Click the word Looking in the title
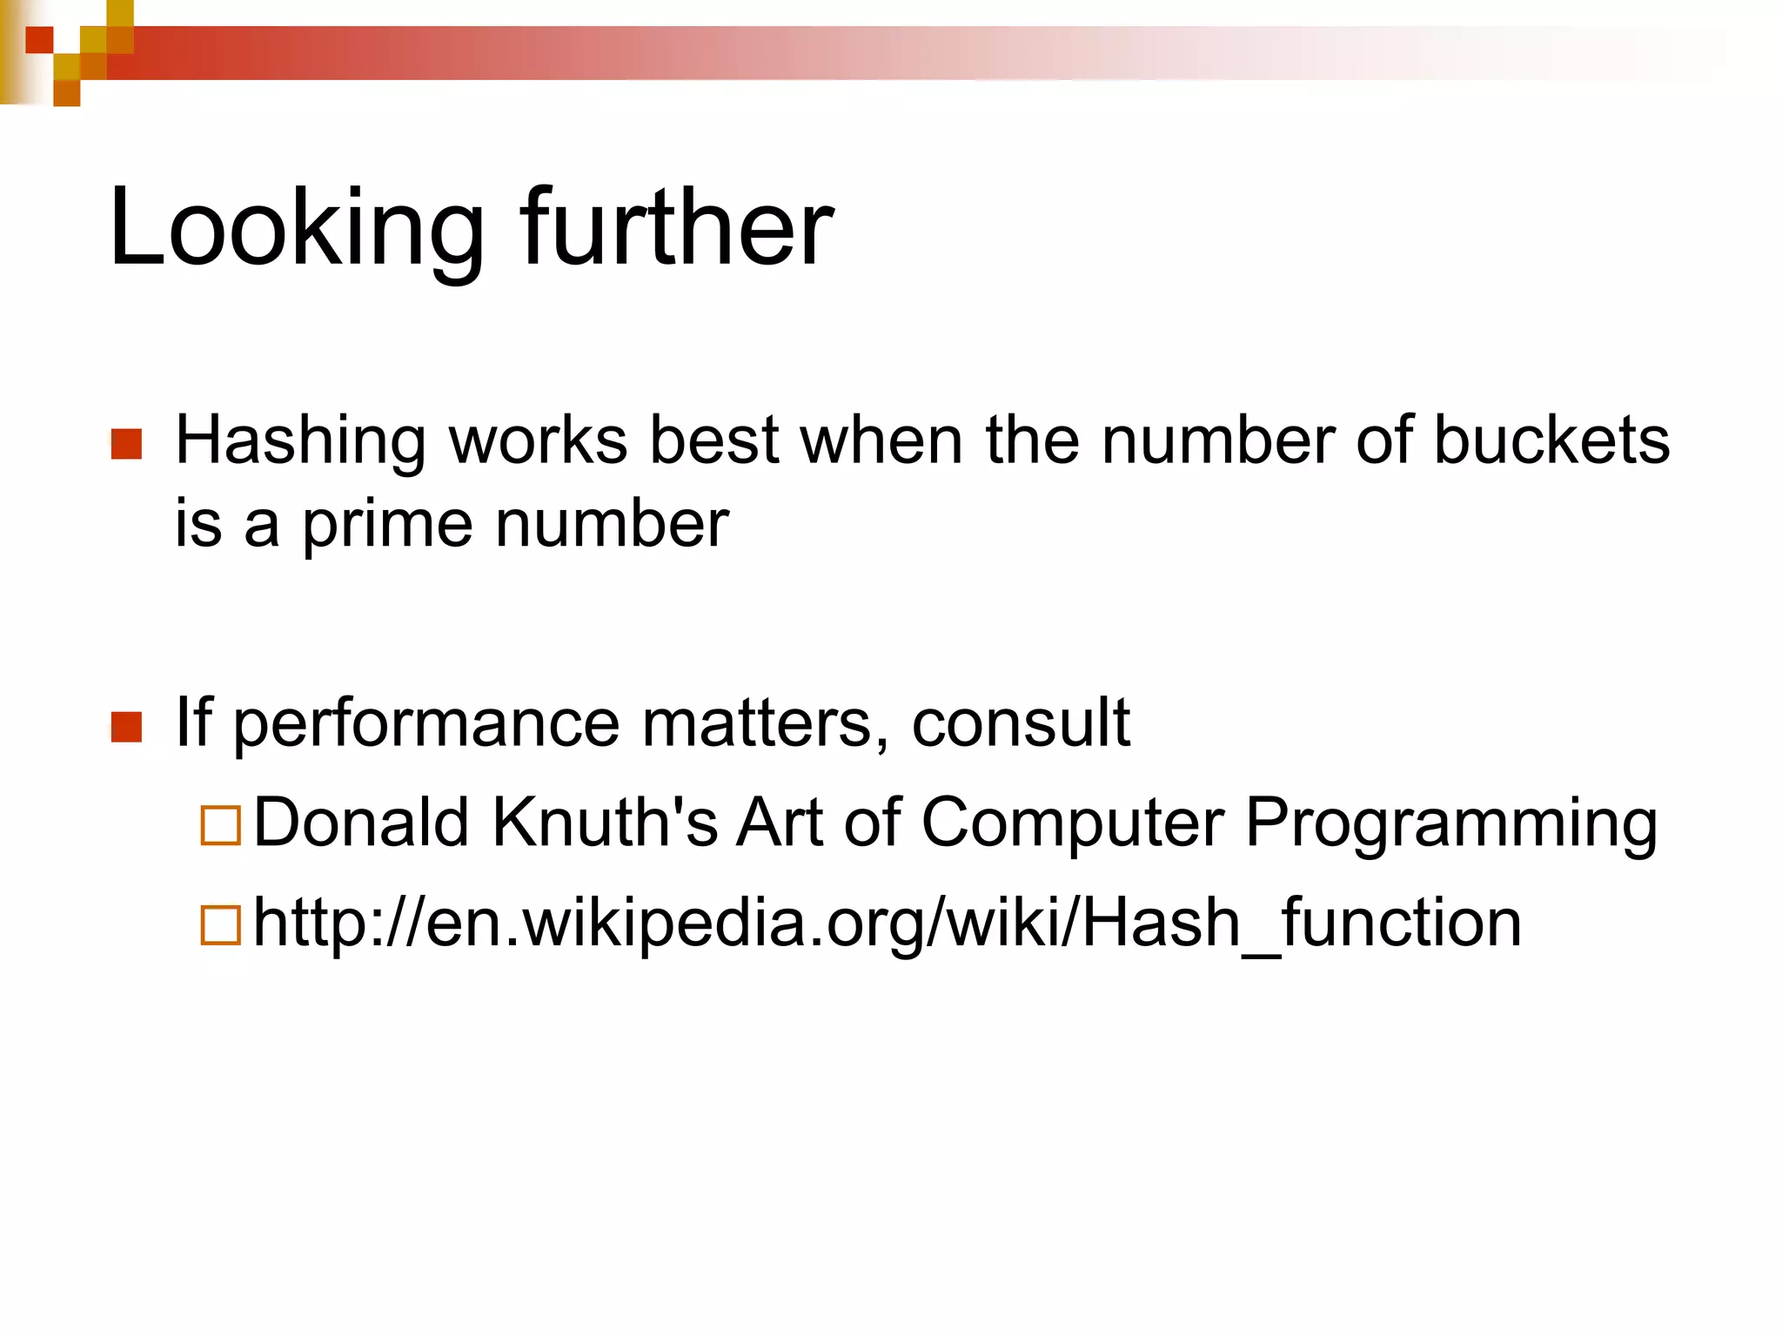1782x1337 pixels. tap(296, 228)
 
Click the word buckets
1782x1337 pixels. tap(1551, 440)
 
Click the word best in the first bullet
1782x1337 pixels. tap(714, 440)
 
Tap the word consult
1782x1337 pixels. tap(1020, 722)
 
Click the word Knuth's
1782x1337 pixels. tap(605, 822)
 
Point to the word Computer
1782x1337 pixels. tap(1072, 823)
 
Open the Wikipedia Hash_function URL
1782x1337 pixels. tap(887, 924)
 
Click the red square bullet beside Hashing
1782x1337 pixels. tap(127, 443)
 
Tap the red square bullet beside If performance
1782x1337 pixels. tap(127, 726)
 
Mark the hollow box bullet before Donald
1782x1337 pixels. tap(220, 825)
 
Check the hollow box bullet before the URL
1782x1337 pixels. tap(220, 925)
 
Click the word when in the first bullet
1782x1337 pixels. tap(881, 440)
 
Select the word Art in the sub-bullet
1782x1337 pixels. tap(779, 822)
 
